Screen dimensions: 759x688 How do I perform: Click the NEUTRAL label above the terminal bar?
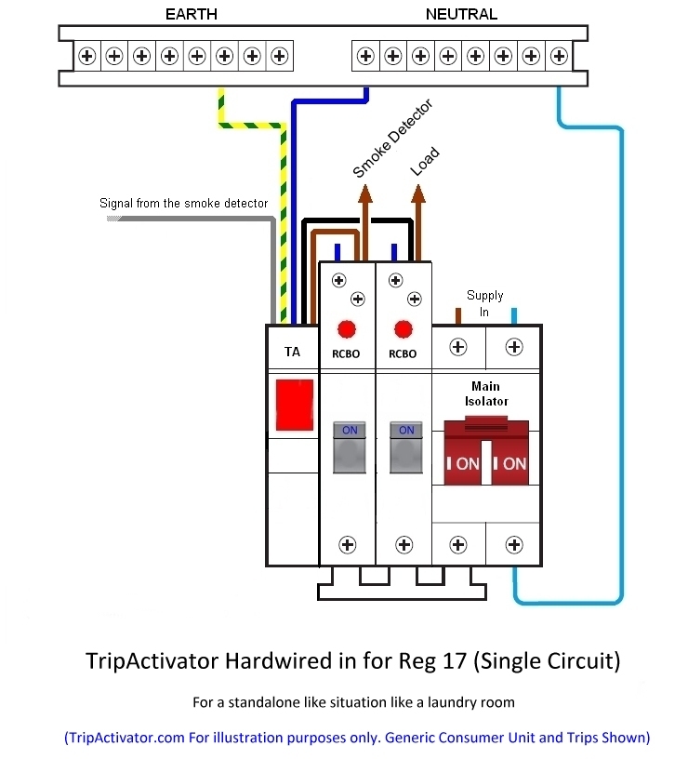461,14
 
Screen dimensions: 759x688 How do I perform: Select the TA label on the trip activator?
292,353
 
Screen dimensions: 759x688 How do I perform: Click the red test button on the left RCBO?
347,329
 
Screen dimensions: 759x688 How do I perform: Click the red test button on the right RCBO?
403,329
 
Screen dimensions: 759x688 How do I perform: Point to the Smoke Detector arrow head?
364,193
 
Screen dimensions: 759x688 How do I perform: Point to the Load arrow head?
419,193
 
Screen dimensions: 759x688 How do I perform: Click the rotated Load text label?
425,163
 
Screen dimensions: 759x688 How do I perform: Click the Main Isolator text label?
485,393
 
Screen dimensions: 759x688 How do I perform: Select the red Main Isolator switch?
486,452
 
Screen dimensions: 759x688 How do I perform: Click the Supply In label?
484,303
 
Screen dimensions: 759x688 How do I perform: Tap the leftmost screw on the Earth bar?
86,56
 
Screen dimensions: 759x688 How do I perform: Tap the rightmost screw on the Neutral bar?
558,56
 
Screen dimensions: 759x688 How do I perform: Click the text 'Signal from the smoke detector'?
184,203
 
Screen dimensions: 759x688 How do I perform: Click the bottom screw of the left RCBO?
348,544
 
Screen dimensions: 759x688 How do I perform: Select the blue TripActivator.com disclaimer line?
357,738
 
